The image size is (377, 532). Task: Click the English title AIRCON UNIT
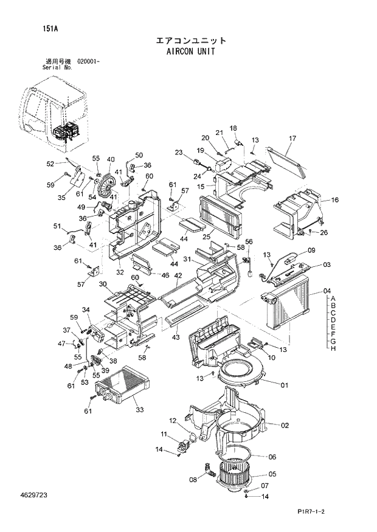coord(190,52)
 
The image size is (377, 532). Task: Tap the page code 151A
coord(51,29)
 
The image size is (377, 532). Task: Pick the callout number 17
coord(292,139)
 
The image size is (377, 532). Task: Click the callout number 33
coord(139,410)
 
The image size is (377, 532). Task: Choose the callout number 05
coord(272,474)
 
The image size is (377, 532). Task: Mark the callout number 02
coord(284,425)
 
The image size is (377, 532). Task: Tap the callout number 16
coord(334,200)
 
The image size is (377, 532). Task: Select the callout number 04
coord(327,290)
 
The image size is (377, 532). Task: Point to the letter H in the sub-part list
coord(333,348)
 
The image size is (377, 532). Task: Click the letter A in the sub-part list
coord(333,298)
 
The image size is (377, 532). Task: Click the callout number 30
coord(103,284)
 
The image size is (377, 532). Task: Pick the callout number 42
coord(178,275)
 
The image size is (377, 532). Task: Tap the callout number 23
coord(179,152)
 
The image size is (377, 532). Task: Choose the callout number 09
coord(311,250)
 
